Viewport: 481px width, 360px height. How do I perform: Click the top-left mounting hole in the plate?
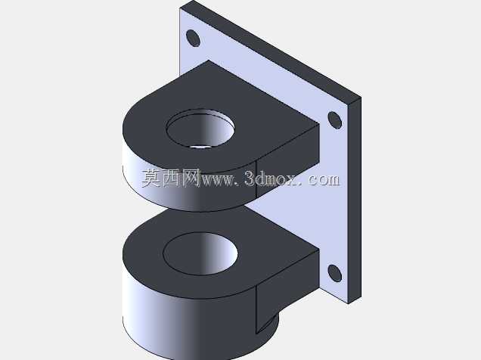click(x=193, y=39)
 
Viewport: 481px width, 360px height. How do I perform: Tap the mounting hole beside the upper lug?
click(x=335, y=120)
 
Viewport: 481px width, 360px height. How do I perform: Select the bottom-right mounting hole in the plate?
click(x=335, y=273)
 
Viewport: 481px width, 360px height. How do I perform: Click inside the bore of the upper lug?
click(x=200, y=128)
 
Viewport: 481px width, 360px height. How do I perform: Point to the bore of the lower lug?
click(x=200, y=253)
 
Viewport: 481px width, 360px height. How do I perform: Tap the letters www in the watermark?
click(x=216, y=180)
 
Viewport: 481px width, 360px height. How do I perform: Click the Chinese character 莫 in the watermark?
click(x=151, y=178)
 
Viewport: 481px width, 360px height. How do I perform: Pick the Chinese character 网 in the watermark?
click(x=191, y=178)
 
